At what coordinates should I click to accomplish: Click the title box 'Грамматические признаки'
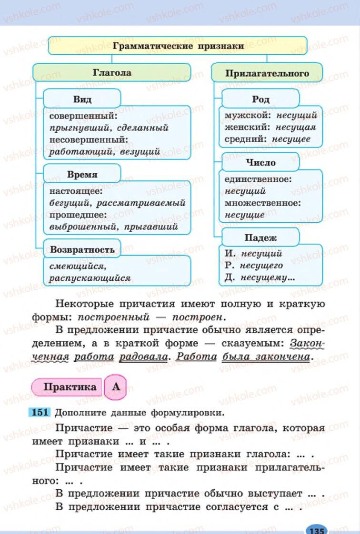(x=178, y=46)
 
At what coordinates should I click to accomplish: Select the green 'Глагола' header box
(x=111, y=73)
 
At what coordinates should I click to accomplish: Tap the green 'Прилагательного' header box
(x=267, y=73)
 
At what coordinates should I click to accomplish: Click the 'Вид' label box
(x=82, y=99)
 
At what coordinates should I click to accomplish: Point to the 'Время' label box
(x=82, y=174)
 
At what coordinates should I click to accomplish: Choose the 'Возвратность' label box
(x=82, y=249)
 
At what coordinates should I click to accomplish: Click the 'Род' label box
(x=260, y=99)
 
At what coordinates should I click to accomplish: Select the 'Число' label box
(x=260, y=162)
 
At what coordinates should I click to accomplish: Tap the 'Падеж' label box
(x=260, y=237)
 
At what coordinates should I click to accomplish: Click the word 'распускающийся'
(x=90, y=278)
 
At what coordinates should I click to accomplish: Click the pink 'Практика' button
(x=70, y=386)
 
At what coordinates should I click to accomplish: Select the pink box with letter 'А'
(x=116, y=386)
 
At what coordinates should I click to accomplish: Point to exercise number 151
(x=40, y=413)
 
